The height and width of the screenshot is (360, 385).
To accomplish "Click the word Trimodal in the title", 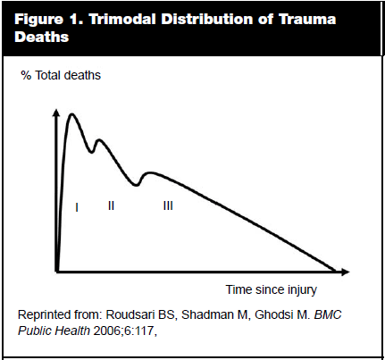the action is pos(122,20).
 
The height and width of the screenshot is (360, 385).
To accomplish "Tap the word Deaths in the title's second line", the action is pos(42,37).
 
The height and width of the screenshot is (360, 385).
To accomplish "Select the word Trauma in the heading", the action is pos(307,20).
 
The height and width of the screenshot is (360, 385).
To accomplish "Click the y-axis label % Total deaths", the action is pos(61,75).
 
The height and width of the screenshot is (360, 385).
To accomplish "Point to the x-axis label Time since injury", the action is pos(272,289).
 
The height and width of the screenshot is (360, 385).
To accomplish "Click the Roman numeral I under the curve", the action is pos(77,207).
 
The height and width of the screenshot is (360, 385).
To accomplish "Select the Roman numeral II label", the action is pos(111,205).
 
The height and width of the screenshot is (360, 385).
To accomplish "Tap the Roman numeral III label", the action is pos(168,205).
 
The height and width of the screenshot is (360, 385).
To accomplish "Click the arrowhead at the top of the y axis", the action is pos(56,113).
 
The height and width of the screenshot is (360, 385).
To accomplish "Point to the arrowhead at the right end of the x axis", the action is pos(345,272).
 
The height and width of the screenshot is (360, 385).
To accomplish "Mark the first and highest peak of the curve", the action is pos(71,114).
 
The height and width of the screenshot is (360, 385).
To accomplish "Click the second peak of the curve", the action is pos(99,140).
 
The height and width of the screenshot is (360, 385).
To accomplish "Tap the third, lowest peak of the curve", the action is pos(150,173).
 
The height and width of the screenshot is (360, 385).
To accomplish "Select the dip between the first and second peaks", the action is pos(92,152).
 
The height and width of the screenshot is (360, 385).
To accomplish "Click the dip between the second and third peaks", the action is pos(136,185).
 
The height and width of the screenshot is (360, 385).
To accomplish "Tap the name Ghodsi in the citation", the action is pos(274,315).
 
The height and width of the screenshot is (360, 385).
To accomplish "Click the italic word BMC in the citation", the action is pos(328,315).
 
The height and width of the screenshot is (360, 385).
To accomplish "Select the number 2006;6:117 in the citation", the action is pos(123,331).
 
